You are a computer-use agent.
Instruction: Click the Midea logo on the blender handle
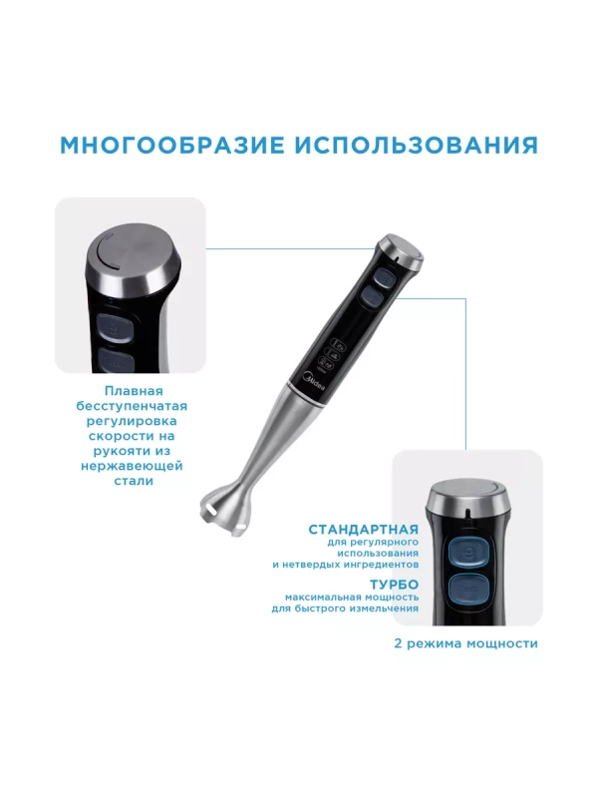[313, 379]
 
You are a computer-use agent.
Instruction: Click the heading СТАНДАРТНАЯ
[363, 528]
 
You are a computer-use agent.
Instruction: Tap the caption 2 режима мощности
[465, 643]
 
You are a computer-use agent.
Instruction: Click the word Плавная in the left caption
[133, 391]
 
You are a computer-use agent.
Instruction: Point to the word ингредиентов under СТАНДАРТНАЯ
[380, 564]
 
